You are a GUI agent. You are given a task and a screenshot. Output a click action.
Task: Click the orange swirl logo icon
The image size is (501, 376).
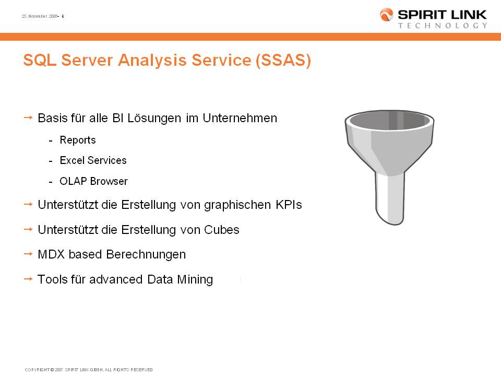(386, 15)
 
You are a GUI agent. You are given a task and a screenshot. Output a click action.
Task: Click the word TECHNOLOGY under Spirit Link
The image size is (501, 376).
(443, 26)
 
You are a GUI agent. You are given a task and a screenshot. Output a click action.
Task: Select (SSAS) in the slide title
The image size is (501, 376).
(283, 60)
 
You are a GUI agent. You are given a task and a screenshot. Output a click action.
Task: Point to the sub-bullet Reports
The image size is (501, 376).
(78, 140)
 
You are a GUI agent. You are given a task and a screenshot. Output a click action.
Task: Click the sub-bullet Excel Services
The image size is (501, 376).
(93, 160)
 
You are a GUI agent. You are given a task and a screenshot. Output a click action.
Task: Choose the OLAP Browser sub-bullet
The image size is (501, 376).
(93, 181)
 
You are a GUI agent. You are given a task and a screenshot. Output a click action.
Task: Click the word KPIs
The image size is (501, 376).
(289, 205)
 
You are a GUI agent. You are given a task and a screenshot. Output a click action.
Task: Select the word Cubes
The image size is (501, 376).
(221, 230)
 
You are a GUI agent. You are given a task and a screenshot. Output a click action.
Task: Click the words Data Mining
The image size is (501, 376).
(180, 279)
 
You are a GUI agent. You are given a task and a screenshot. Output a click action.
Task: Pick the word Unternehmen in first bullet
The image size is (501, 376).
(240, 119)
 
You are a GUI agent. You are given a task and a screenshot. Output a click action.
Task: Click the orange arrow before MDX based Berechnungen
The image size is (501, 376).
(28, 254)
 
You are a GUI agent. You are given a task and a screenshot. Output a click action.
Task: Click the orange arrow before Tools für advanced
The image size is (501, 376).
(28, 279)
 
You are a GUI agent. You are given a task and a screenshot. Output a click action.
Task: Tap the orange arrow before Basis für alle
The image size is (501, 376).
(28, 118)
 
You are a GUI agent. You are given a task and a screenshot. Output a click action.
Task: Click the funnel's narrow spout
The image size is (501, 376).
(389, 198)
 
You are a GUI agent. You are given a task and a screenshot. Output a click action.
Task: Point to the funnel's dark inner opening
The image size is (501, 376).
(390, 120)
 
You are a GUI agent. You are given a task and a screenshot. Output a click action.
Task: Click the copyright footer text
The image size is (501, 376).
(89, 370)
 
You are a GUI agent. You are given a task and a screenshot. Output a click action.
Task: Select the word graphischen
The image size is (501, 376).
(237, 205)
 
